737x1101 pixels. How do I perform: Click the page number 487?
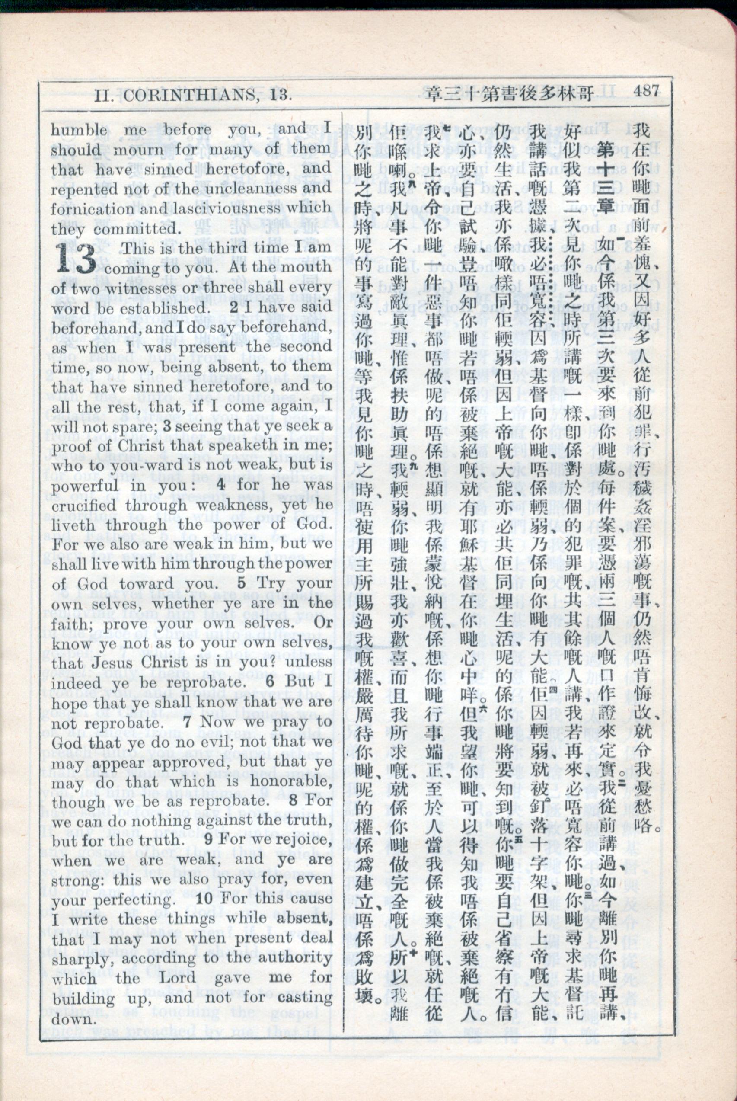(x=646, y=90)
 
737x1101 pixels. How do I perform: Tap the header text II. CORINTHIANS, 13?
(x=193, y=96)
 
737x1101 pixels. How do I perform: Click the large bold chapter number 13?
(x=76, y=259)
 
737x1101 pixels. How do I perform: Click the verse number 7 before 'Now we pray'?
(x=187, y=723)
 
